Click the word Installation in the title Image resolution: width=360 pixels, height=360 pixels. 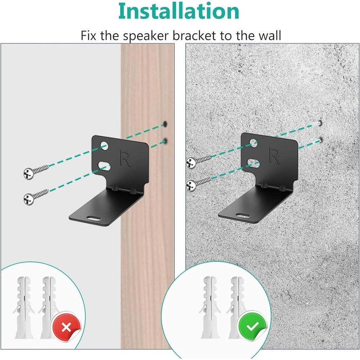click(x=179, y=11)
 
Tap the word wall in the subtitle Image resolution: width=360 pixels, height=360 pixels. click(x=269, y=36)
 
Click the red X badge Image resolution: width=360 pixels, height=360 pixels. click(x=66, y=328)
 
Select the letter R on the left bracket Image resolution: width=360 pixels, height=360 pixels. click(x=125, y=159)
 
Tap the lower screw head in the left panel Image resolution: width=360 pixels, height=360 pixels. click(x=28, y=199)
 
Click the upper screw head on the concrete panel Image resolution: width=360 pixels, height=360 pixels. click(x=191, y=163)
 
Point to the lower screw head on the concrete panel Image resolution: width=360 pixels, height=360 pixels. click(x=191, y=184)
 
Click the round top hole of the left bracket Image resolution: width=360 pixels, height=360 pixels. click(x=103, y=144)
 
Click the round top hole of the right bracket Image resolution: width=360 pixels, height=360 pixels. click(x=253, y=142)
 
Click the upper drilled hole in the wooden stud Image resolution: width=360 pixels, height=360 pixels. click(x=165, y=124)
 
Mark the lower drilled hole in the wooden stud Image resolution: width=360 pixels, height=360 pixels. click(x=165, y=141)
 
